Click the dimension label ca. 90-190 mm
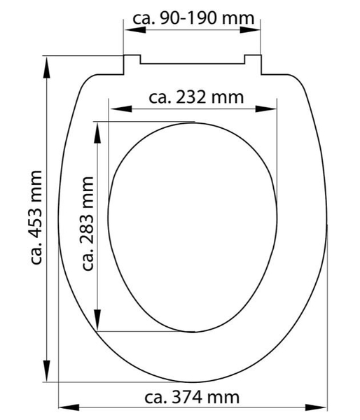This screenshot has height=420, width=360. [x=193, y=18]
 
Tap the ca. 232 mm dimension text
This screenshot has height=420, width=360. [x=196, y=97]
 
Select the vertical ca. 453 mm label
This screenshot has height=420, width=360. [x=36, y=218]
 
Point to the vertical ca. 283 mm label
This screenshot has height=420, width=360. [x=88, y=223]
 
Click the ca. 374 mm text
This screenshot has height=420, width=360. [x=192, y=397]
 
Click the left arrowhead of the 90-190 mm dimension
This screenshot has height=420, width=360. [x=135, y=29]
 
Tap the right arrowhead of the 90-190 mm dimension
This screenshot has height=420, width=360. [x=249, y=29]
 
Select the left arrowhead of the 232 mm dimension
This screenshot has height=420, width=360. [x=121, y=108]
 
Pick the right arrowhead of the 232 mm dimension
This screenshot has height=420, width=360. [x=265, y=108]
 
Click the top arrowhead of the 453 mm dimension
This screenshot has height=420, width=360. [x=47, y=67]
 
